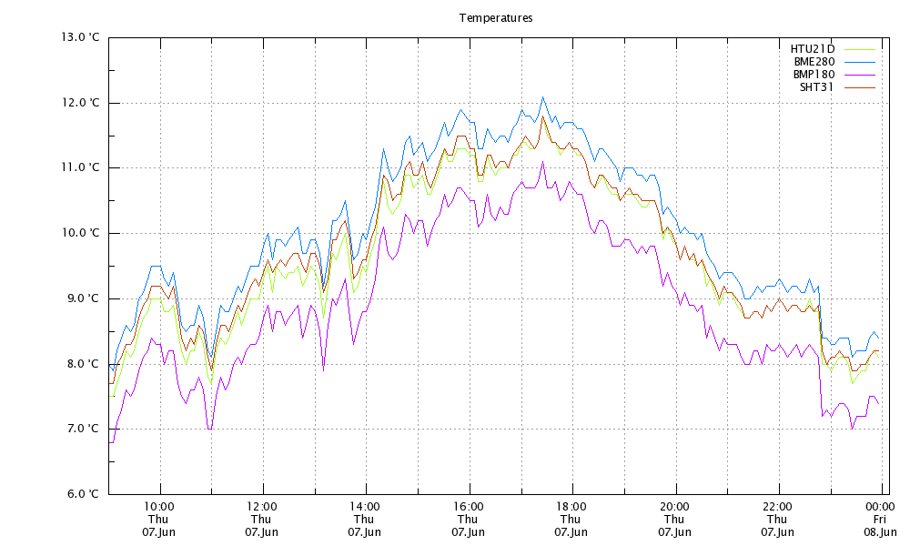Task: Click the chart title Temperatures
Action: click(x=496, y=17)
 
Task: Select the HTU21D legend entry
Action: click(x=813, y=48)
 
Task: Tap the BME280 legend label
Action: click(x=813, y=61)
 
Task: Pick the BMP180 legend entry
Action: click(x=813, y=74)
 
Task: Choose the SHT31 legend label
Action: click(x=816, y=86)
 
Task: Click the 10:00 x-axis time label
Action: click(x=159, y=506)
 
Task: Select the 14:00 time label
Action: click(x=365, y=506)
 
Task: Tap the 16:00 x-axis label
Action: click(x=468, y=506)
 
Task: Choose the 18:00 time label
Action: click(x=571, y=506)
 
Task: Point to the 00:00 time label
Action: click(x=878, y=506)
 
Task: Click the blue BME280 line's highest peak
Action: click(x=543, y=96)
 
